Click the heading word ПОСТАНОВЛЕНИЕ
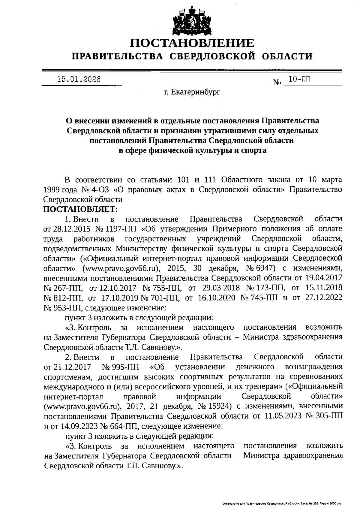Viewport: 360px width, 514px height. pos(192,43)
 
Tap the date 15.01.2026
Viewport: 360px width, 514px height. pos(79,79)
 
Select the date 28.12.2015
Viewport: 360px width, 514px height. pos(72,229)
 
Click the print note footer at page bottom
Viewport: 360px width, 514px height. pos(282,503)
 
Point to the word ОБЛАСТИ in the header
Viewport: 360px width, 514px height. pos(287,56)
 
